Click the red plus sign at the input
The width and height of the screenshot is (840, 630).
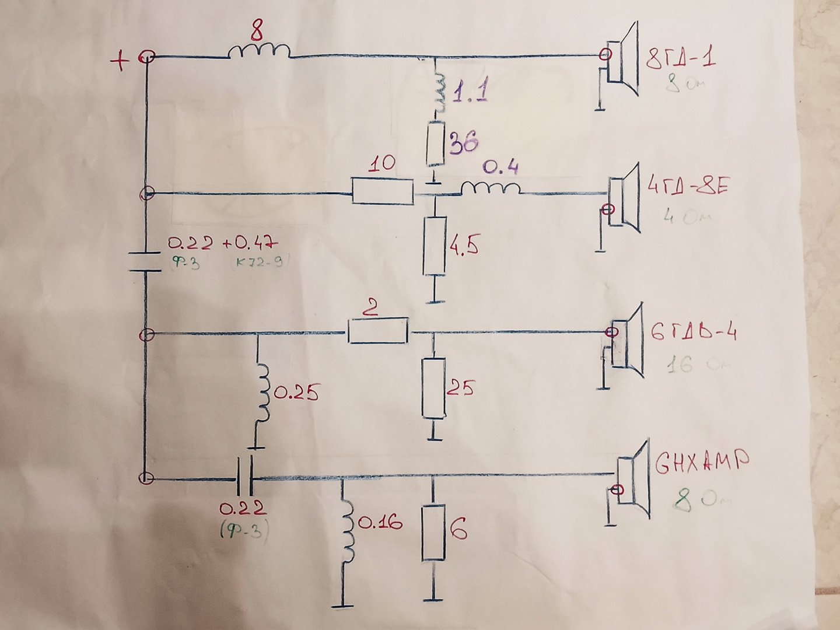[120, 61]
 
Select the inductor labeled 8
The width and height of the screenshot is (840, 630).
[258, 52]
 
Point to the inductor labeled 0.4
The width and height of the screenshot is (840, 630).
[490, 188]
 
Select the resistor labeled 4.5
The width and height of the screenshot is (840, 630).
[434, 246]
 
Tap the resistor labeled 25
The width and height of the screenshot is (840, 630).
[434, 388]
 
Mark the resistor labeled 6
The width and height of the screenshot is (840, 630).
[434, 532]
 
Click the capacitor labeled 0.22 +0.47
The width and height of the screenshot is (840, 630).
[143, 261]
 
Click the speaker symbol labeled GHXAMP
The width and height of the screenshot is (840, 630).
[633, 481]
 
